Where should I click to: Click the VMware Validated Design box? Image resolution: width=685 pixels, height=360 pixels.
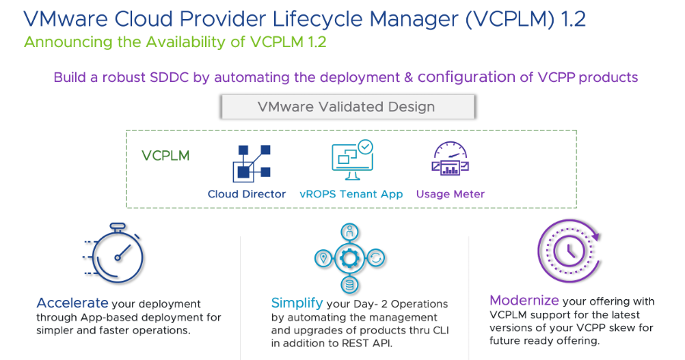coord(348,106)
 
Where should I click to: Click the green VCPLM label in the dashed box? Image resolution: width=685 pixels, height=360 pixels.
coord(166,156)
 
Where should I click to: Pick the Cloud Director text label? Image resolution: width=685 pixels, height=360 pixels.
coord(247,194)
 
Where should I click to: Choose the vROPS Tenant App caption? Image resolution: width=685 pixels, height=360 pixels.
coord(352,194)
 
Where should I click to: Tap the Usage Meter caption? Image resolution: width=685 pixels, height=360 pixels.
coord(450,194)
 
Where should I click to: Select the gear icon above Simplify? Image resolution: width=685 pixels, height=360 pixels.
coord(350,258)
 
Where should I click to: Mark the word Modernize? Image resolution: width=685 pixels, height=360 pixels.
coord(524,300)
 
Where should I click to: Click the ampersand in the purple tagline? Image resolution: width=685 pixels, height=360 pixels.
coord(406,77)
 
